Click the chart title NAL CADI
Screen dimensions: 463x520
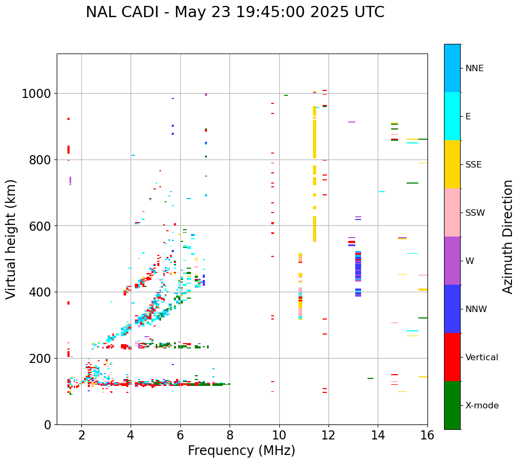235,12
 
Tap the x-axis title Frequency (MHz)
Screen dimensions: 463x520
241,451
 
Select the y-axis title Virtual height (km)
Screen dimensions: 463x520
12,239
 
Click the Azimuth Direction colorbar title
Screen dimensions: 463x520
508,237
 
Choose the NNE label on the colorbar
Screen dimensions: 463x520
475,68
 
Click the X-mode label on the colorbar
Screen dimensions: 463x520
482,405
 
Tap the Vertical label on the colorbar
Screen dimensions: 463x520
481,357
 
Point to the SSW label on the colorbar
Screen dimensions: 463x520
475,212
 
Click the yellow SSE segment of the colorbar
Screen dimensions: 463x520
452,164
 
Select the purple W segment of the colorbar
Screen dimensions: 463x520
452,260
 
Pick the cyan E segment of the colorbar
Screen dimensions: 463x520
452,116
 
